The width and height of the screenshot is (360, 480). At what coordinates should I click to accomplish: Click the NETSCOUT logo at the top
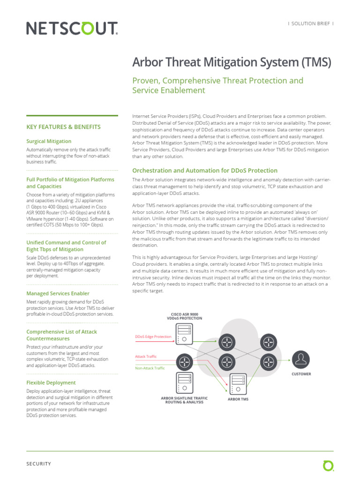tap(72, 29)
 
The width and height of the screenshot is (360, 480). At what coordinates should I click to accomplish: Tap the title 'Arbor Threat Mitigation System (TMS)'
tap(232, 62)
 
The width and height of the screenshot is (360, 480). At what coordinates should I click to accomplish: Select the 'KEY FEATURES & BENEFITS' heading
tap(63, 127)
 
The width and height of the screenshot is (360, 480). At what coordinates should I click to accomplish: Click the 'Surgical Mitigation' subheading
tap(49, 141)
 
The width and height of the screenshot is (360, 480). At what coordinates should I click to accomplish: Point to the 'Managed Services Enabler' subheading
tap(58, 293)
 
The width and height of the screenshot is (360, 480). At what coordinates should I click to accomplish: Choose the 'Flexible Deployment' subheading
tap(51, 382)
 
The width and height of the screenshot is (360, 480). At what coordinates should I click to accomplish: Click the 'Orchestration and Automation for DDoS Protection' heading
tap(205, 171)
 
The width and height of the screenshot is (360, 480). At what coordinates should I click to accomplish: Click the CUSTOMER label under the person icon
tap(301, 374)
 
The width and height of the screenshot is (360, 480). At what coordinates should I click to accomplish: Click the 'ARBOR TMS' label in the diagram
tap(238, 399)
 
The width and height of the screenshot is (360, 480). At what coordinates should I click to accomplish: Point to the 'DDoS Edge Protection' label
tap(153, 337)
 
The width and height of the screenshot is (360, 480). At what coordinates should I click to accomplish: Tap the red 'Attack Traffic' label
tap(146, 357)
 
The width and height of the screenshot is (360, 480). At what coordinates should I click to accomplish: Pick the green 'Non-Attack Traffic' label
tap(150, 368)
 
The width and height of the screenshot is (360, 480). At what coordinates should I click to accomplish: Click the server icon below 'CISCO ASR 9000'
tap(184, 332)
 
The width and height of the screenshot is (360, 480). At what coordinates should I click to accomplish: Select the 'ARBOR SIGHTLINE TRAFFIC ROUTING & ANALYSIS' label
tap(184, 400)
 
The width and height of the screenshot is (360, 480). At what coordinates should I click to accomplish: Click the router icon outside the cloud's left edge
tap(184, 361)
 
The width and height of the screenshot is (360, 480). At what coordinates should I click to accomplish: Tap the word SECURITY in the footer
tap(38, 464)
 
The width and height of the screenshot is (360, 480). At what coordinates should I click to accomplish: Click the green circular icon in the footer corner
tap(328, 465)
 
